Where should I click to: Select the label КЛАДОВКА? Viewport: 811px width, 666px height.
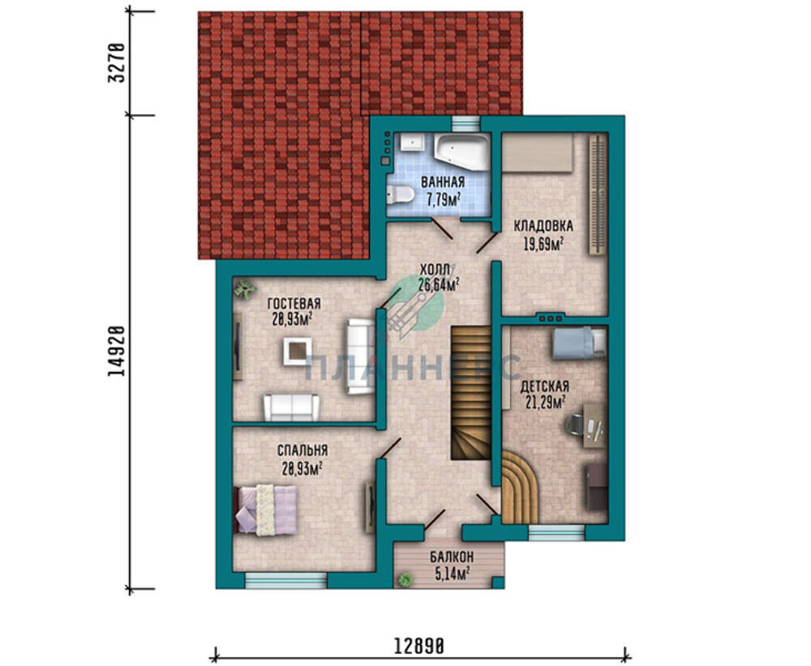(543, 226)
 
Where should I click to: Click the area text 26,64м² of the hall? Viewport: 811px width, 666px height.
(439, 284)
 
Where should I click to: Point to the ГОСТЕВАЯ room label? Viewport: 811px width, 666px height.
(294, 303)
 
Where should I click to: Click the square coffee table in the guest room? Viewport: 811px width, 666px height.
(298, 352)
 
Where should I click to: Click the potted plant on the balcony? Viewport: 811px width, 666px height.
(405, 579)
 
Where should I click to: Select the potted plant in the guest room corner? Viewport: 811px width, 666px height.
(243, 288)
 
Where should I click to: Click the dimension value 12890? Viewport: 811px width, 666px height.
(419, 647)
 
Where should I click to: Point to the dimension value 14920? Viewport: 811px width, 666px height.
(117, 351)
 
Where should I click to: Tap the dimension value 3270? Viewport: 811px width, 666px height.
(117, 63)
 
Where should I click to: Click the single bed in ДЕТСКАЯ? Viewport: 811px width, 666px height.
(579, 342)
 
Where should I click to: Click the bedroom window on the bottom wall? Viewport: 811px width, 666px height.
(285, 580)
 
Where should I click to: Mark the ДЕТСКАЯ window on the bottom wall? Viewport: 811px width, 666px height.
(556, 532)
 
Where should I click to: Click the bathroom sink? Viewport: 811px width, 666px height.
(412, 142)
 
